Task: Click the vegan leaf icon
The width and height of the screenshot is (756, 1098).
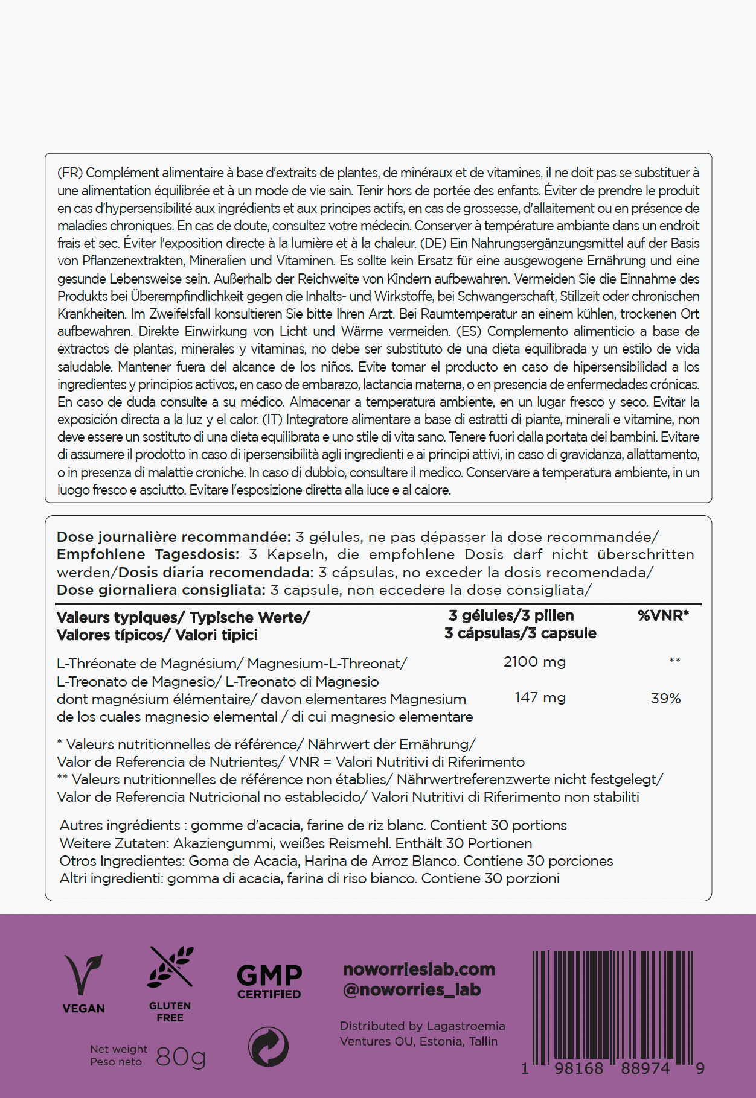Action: [83, 974]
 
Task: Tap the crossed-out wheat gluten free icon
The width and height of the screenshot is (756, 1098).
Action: [171, 966]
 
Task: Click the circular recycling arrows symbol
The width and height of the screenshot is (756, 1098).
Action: [269, 1047]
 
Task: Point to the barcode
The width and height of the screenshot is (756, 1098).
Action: [612, 1006]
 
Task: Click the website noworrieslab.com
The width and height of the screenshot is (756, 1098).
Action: [418, 969]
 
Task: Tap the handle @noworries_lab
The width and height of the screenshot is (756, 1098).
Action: [412, 990]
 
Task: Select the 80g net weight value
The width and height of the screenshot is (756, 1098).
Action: [181, 1056]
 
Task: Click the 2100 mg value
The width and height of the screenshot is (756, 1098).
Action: [534, 662]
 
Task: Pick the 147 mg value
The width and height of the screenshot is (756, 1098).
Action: [540, 698]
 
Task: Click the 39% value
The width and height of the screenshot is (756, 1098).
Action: [665, 699]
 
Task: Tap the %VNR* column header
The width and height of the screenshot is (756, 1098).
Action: [663, 616]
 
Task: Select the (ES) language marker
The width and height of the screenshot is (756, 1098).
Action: [469, 332]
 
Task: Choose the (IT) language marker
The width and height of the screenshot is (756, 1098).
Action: [272, 420]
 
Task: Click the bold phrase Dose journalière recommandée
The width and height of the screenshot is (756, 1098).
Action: [174, 537]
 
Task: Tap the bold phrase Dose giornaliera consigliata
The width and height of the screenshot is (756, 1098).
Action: [161, 590]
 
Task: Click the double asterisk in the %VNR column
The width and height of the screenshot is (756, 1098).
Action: [674, 661]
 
